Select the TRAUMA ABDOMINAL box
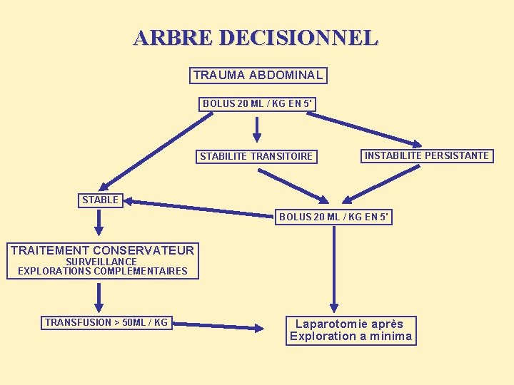258,75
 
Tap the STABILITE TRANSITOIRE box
256,156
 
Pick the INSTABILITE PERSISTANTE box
427,155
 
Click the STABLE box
100,200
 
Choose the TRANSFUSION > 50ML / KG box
106,323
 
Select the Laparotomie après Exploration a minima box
351,330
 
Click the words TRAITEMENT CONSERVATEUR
102,250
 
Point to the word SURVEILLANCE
101,262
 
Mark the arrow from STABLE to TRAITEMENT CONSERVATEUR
99,222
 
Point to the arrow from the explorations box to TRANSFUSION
99,296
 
